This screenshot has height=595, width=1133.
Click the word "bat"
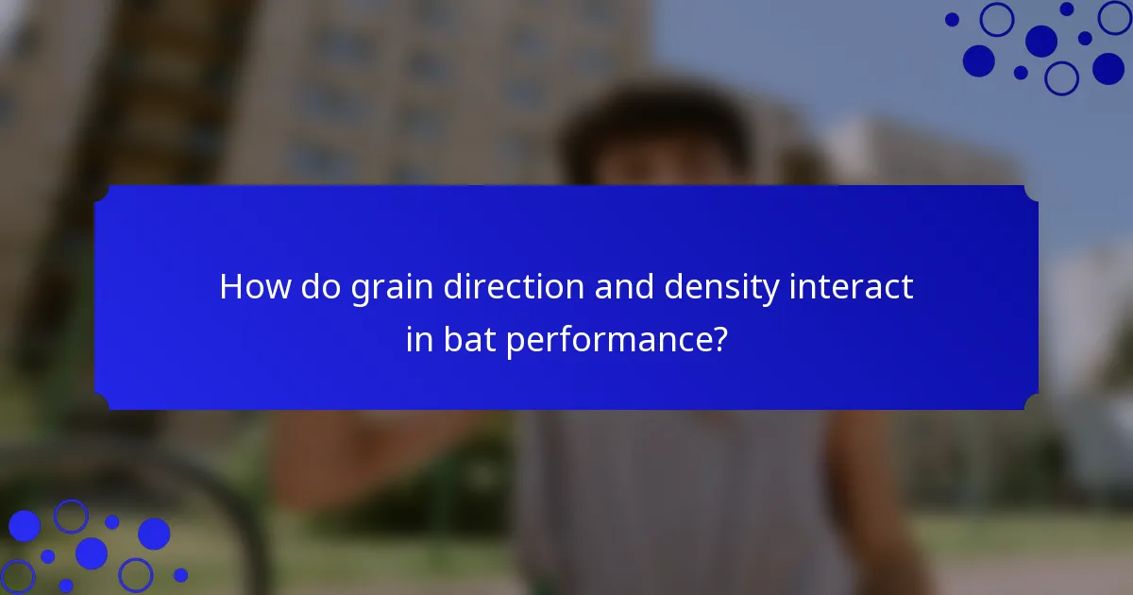coord(469,339)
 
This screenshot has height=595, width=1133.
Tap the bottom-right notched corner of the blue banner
coord(1031,402)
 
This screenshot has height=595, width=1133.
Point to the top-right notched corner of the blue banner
coord(1031,193)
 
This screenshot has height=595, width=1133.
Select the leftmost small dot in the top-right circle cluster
coord(952,19)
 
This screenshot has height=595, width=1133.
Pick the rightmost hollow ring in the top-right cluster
coord(1114,17)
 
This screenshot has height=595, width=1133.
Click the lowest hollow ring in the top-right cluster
coord(1061,77)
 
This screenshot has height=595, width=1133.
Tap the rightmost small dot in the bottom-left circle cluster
coord(180,575)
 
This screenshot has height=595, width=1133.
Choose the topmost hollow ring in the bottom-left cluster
coord(71,516)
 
